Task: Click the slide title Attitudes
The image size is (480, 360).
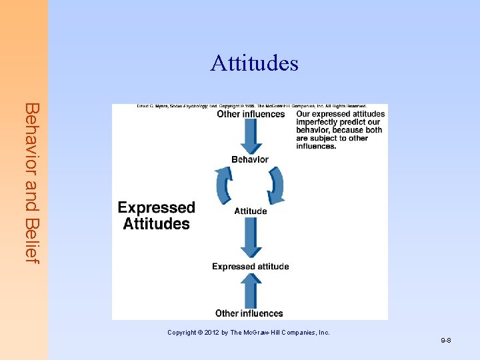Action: (254, 63)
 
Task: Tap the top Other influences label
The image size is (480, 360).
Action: (251, 114)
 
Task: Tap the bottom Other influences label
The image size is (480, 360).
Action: (249, 313)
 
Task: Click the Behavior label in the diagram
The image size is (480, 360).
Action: (250, 159)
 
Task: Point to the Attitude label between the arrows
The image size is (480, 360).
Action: (251, 211)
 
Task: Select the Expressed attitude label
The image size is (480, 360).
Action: (251, 267)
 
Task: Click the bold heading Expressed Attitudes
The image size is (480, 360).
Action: (157, 216)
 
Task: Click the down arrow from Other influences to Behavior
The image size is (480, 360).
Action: (251, 136)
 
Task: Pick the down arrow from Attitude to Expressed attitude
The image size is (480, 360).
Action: (251, 237)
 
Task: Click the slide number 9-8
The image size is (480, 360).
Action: (446, 341)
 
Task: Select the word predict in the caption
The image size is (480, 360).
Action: (356, 122)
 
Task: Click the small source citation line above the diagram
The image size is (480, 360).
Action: (252, 106)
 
